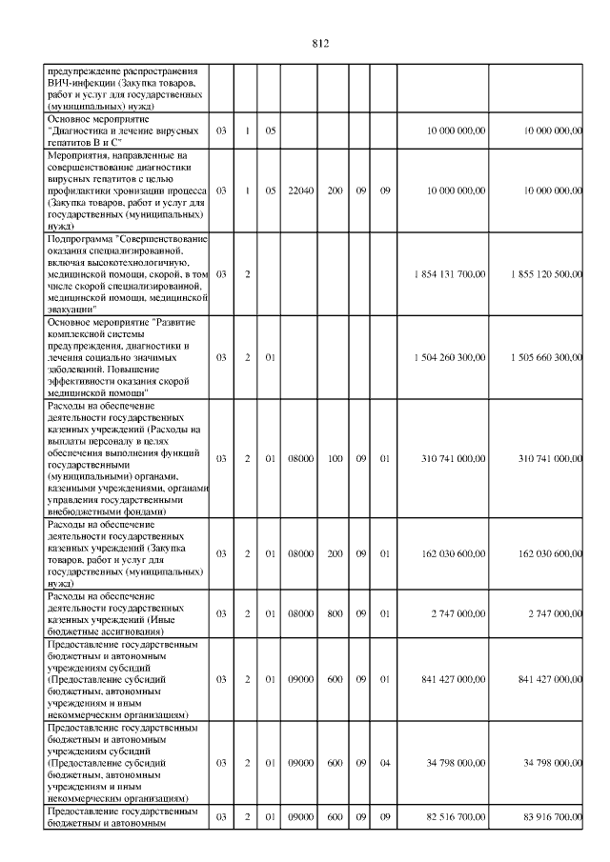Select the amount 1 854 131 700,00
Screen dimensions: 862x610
coord(451,273)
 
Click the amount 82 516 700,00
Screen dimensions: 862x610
coord(454,818)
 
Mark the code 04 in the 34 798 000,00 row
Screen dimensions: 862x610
coord(385,762)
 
